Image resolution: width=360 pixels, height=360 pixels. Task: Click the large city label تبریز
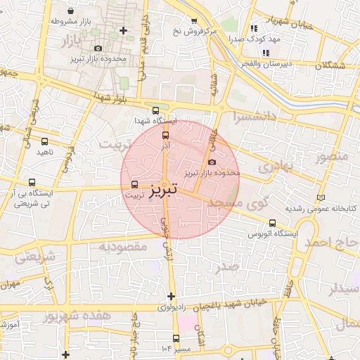pyautogui.click(x=163, y=190)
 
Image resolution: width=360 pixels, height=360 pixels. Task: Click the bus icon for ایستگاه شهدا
pyautogui.click(x=155, y=110)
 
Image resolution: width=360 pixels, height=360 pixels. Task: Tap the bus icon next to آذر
pyautogui.click(x=166, y=135)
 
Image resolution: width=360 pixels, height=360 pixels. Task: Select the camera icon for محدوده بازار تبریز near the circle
pyautogui.click(x=212, y=162)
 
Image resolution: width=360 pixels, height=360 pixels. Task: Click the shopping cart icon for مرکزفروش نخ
pyautogui.click(x=194, y=22)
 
